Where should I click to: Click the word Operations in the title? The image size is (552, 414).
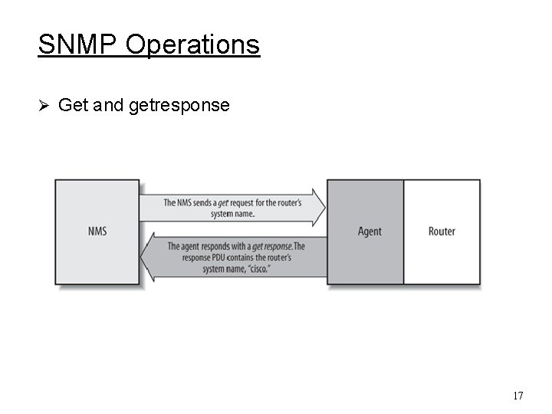click(x=192, y=45)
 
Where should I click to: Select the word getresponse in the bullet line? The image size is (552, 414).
click(x=179, y=106)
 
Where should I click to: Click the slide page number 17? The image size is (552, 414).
click(x=517, y=396)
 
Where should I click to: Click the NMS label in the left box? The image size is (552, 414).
click(x=97, y=231)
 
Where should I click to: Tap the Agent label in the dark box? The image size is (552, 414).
click(x=369, y=231)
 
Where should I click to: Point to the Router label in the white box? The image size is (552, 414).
click(x=442, y=231)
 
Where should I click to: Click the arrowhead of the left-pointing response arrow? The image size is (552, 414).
click(x=147, y=258)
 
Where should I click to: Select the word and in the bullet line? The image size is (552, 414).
click(x=109, y=105)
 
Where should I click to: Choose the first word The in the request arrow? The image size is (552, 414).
click(x=170, y=203)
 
